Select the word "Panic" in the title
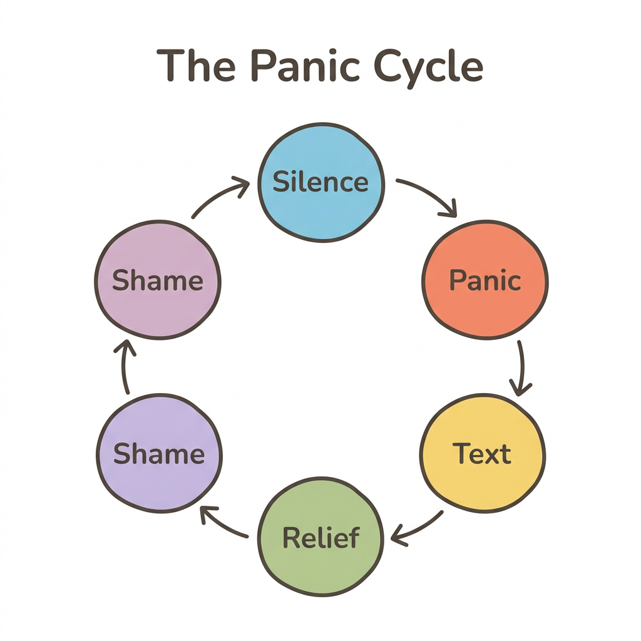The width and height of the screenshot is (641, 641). [298, 66]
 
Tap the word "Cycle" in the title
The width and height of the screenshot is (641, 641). [426, 66]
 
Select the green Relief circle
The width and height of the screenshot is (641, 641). [320, 537]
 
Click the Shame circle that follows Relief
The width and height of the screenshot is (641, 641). [159, 453]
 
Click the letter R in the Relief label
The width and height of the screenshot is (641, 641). [292, 537]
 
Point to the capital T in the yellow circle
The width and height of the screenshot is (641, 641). [461, 453]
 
